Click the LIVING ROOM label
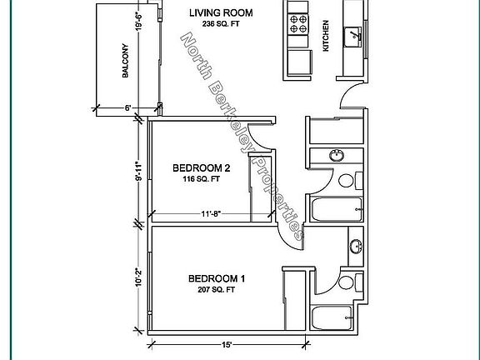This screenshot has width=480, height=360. click(x=221, y=12)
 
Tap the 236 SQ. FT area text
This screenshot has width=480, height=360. click(x=220, y=24)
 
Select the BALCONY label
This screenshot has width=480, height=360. click(x=125, y=61)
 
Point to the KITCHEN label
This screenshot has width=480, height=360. click(x=326, y=36)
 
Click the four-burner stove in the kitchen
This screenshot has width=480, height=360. click(x=298, y=24)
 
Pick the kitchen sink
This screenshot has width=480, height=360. click(x=353, y=37)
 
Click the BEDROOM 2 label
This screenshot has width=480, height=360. click(x=202, y=168)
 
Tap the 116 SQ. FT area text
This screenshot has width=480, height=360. click(x=202, y=179)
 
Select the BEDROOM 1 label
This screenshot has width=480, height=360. click(x=217, y=278)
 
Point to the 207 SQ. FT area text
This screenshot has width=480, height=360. click(x=217, y=289)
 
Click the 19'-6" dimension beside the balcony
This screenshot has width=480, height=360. click(x=138, y=22)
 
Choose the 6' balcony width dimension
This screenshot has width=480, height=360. click(x=128, y=107)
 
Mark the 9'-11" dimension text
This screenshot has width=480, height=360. click(x=138, y=172)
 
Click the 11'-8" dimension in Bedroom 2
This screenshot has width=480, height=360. click(x=211, y=213)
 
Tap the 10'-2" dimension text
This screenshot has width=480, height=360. click(x=138, y=277)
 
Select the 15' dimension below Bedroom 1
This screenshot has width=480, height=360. click(x=227, y=345)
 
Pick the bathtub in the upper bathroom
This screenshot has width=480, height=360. click(x=337, y=209)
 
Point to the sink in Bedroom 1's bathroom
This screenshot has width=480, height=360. click(x=355, y=247)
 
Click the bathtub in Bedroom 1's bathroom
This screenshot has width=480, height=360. click(x=332, y=317)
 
